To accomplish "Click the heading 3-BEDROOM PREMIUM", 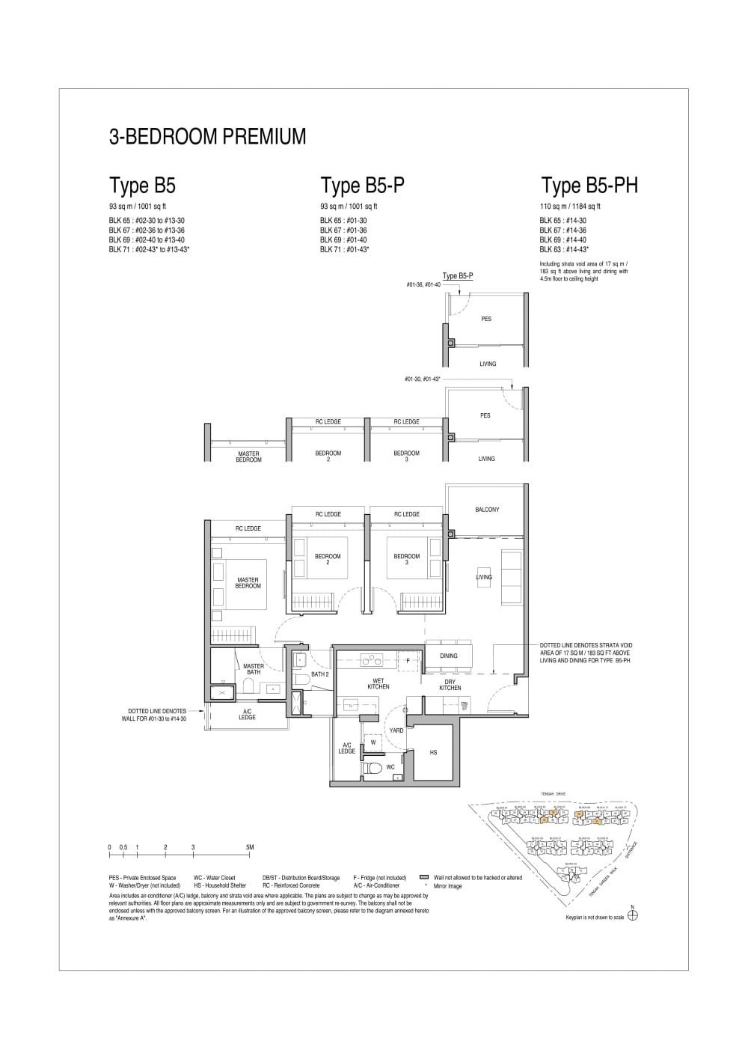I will (x=207, y=137).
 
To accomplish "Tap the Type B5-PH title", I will (x=589, y=185).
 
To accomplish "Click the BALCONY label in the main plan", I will (x=486, y=510).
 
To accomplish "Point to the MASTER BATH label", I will (x=254, y=668).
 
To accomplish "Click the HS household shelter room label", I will (x=433, y=753).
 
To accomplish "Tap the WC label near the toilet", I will (x=390, y=768).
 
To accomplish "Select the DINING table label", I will (x=449, y=656).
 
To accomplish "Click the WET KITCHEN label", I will (x=378, y=683).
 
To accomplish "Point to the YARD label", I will (x=396, y=730).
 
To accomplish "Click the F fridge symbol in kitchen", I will (x=408, y=660).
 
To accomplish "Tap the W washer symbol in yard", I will (x=373, y=743).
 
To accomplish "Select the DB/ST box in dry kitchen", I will (x=464, y=706).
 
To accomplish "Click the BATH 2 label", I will (x=320, y=674).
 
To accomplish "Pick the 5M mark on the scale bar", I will (x=250, y=847).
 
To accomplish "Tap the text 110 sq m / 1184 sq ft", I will (x=570, y=206).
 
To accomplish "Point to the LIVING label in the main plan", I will (x=484, y=577).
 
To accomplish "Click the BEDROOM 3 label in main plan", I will (x=406, y=558).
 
